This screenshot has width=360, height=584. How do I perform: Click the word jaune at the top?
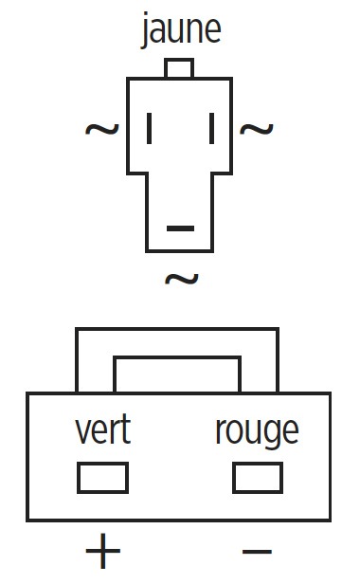click(x=181, y=29)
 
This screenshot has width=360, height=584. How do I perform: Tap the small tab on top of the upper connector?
click(x=179, y=68)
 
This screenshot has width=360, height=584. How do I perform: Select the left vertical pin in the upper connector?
click(x=150, y=129)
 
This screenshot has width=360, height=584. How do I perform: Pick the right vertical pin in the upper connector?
click(x=212, y=129)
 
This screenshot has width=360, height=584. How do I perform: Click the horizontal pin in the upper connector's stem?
click(x=181, y=228)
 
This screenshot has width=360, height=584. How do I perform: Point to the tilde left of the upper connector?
click(x=102, y=129)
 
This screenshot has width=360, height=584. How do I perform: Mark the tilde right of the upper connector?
click(x=257, y=129)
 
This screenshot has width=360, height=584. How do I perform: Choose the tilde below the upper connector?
click(x=182, y=279)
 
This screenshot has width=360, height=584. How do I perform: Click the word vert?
click(x=103, y=429)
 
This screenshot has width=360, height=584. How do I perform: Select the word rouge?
click(x=258, y=432)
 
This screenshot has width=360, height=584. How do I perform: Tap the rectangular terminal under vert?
click(x=102, y=478)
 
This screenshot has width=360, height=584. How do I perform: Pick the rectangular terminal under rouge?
click(x=258, y=478)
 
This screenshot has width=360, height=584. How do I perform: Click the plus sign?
click(x=103, y=551)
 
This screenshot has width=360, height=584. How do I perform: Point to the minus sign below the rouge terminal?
click(x=258, y=551)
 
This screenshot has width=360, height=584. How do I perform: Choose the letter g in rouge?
click(x=274, y=434)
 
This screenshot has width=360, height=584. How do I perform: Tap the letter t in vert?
click(x=126, y=429)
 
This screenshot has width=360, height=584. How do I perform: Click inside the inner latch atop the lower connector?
click(x=177, y=374)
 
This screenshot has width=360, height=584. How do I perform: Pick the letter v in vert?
click(x=83, y=431)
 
